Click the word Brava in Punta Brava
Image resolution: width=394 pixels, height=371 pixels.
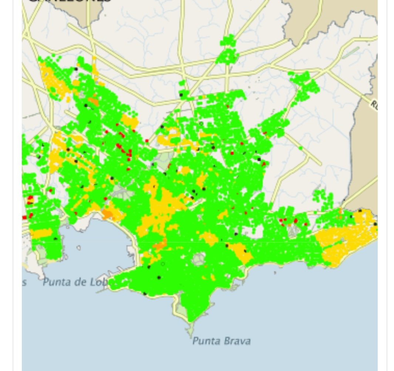point(235,341)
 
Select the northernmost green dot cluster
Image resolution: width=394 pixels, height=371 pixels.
point(228,50)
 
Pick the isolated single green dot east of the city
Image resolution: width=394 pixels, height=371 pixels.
point(301,148)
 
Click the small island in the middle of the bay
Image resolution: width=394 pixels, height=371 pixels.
point(79,247)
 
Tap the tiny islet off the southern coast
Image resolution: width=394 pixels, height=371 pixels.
point(275,273)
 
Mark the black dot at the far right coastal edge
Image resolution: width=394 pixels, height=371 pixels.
point(375,224)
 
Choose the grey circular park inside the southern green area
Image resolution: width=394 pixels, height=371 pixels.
point(199,259)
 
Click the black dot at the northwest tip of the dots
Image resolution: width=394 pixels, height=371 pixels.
point(76,69)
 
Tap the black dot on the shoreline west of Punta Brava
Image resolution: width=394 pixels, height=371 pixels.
point(145,294)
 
